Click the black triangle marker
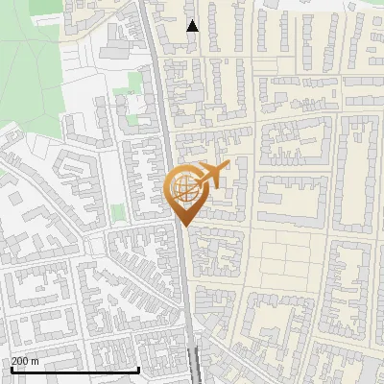coord(192,26)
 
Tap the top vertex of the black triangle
coord(192,20)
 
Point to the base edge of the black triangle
coord(192,31)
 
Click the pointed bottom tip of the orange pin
coord(183,227)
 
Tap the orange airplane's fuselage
coord(208,176)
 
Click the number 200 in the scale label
coord(20,361)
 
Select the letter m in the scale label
coord(36,361)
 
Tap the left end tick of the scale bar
coord(12,369)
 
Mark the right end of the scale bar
coord(139,369)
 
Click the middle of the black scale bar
coord(75,370)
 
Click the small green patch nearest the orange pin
coord(118,212)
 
